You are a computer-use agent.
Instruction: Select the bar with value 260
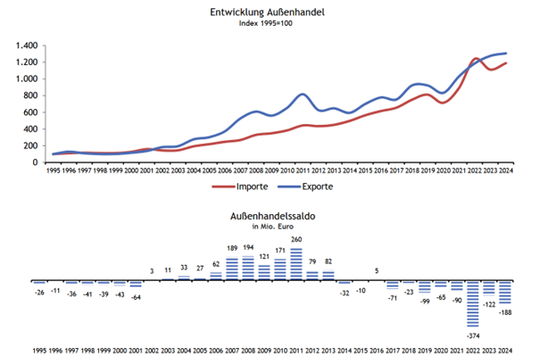[x=296, y=264]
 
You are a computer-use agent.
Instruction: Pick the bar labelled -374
[x=475, y=303]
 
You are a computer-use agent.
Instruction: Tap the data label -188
[x=506, y=312]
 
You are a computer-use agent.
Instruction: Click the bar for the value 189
[x=232, y=269]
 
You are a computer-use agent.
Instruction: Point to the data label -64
[x=136, y=295]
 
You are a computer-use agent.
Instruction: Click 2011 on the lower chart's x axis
[x=296, y=350]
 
